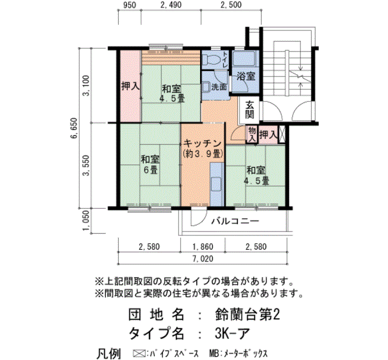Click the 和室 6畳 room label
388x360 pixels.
point(150,164)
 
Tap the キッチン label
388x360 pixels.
point(202,143)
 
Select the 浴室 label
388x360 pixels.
point(246,76)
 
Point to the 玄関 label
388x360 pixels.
point(249,110)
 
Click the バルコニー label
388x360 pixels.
point(235,220)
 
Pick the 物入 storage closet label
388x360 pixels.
point(252,134)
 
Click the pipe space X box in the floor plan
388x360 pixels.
point(282,134)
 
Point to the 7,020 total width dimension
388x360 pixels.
point(203,259)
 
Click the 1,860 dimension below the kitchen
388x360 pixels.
point(203,246)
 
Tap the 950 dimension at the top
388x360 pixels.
point(129,5)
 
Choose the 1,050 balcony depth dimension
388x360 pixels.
point(86,220)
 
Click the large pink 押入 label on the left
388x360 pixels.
point(130,86)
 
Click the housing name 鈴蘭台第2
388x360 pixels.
point(247,315)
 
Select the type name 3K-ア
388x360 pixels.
point(232,333)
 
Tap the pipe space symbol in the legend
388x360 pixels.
point(139,353)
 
